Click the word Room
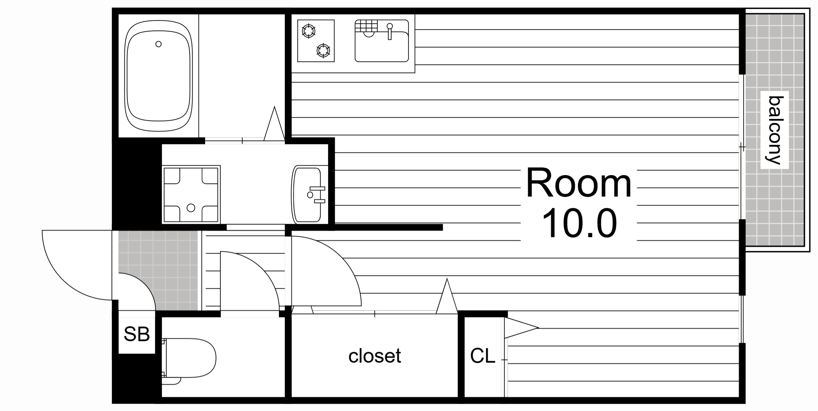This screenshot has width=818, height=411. pyautogui.click(x=579, y=183)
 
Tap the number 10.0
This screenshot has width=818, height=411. pyautogui.click(x=579, y=223)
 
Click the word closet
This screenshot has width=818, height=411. pyautogui.click(x=375, y=356)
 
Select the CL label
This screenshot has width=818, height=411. pyautogui.click(x=483, y=356)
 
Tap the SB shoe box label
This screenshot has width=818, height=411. pyautogui.click(x=137, y=334)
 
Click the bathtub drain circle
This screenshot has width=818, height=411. pyautogui.click(x=158, y=44)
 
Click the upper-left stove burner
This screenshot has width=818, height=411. pyautogui.click(x=308, y=31)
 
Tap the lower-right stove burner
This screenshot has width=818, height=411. pyautogui.click(x=323, y=51)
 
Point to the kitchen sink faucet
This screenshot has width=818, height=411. pyautogui.click(x=390, y=31)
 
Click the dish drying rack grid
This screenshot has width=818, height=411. pyautogui.click(x=366, y=26)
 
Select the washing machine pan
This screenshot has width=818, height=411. pyautogui.click(x=191, y=194)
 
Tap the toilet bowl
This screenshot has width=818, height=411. pyautogui.click(x=189, y=358)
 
